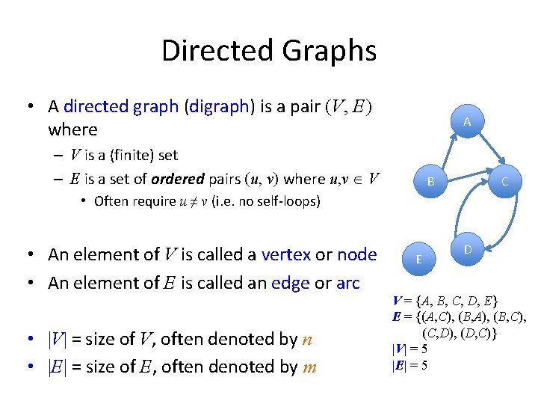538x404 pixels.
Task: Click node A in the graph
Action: coord(466,122)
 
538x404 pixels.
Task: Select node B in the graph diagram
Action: coord(431,181)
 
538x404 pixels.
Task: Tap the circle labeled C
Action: coord(505,181)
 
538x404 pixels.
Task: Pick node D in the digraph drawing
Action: coord(467,249)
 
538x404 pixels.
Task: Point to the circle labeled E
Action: coord(419,259)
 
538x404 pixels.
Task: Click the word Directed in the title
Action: coord(217,51)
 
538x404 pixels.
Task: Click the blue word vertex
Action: coord(286,254)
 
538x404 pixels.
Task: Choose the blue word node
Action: coord(357,254)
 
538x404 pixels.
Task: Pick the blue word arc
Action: coord(346,283)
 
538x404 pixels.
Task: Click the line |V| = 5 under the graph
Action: coord(410,349)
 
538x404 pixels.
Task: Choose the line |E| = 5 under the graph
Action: coord(410,366)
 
